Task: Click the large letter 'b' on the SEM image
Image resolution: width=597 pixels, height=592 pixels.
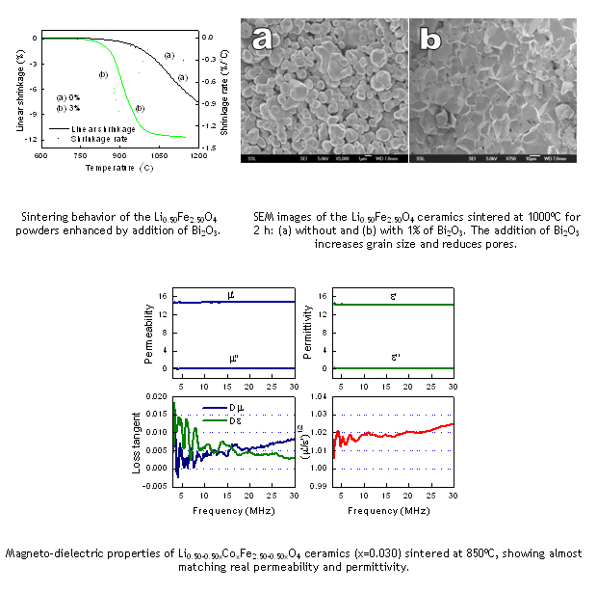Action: (431, 40)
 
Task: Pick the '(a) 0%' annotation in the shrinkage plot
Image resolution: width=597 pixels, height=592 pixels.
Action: (67, 96)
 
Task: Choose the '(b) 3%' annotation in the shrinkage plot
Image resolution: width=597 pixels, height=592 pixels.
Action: (67, 107)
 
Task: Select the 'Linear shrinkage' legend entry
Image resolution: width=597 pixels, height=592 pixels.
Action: (101, 127)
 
